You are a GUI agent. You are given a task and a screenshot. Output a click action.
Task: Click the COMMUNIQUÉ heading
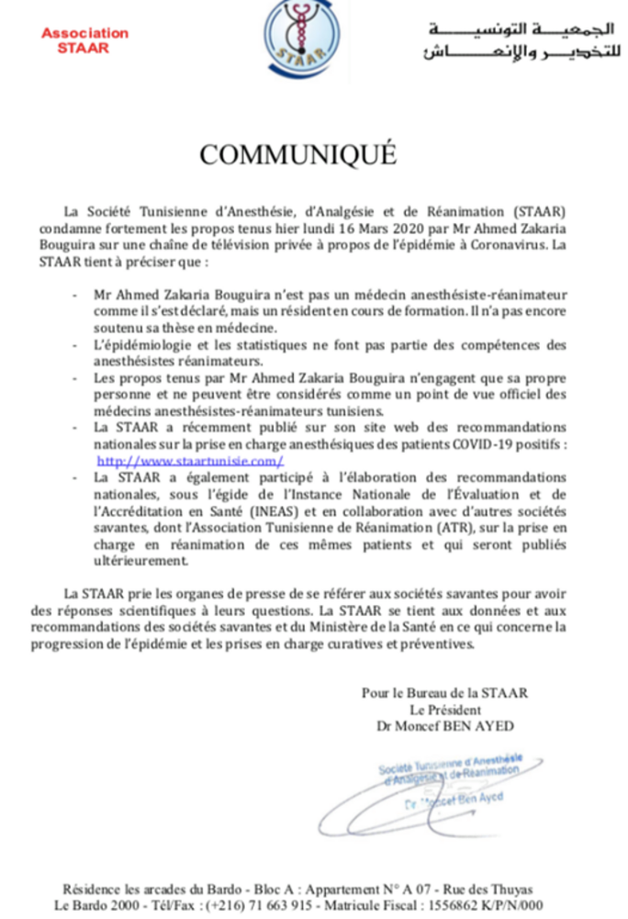(298, 154)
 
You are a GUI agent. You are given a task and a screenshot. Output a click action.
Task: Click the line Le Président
(444, 709)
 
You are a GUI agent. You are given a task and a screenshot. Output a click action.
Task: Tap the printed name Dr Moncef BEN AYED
(444, 724)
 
